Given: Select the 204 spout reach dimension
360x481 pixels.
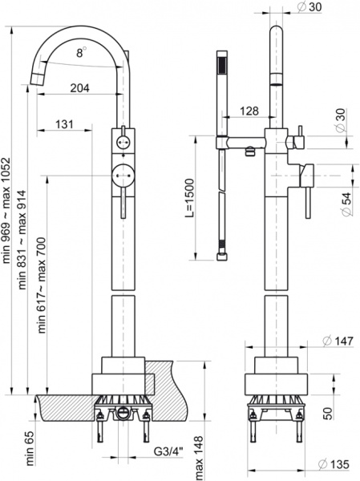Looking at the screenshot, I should pos(79,89).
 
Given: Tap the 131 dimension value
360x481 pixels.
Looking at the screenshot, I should pos(67,124).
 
